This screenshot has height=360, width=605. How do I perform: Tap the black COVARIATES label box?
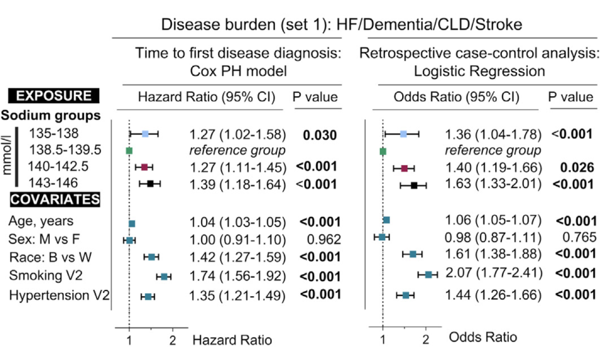point(55,199)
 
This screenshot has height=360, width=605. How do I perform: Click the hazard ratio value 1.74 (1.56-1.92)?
point(238,276)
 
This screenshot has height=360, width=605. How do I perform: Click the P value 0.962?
point(324,240)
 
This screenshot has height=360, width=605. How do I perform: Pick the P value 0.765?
point(579,237)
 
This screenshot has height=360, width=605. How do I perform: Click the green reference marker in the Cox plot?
point(129,151)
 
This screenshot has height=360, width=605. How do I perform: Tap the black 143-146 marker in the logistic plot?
point(414,185)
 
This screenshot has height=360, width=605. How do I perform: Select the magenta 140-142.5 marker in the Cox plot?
point(144,167)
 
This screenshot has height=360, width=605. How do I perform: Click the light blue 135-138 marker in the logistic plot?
point(403,134)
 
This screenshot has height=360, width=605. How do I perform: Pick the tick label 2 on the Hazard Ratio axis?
point(173,339)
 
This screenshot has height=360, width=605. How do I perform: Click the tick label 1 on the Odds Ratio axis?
point(383,339)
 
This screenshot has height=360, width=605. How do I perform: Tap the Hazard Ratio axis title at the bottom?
point(232,339)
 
